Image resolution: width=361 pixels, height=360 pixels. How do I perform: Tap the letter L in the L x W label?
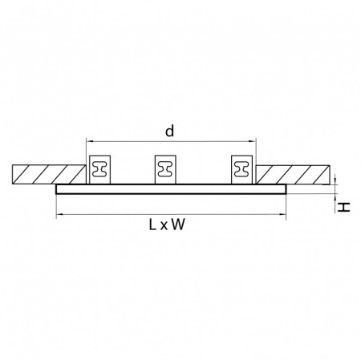(152, 226)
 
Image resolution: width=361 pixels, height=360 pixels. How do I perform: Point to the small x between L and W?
(164, 227)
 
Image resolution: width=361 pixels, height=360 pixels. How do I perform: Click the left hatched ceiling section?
(49, 175)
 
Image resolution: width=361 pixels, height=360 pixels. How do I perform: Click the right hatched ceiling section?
(294, 175)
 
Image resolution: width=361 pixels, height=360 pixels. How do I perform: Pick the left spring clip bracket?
(102, 168)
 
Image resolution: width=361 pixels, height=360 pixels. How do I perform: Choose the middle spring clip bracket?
(165, 168)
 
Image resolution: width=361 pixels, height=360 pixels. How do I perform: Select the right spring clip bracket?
(241, 168)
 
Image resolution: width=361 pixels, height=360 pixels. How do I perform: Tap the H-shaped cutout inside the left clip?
(102, 169)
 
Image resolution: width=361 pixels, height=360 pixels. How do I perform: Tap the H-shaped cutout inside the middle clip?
(165, 169)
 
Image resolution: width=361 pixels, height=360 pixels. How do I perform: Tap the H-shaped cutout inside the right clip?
(241, 169)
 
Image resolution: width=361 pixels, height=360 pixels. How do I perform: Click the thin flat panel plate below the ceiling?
(171, 189)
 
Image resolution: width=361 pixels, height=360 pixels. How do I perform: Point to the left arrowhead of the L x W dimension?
(59, 215)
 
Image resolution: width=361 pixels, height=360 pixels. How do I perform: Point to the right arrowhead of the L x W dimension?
(284, 215)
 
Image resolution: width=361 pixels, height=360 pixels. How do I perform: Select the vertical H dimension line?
(335, 189)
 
